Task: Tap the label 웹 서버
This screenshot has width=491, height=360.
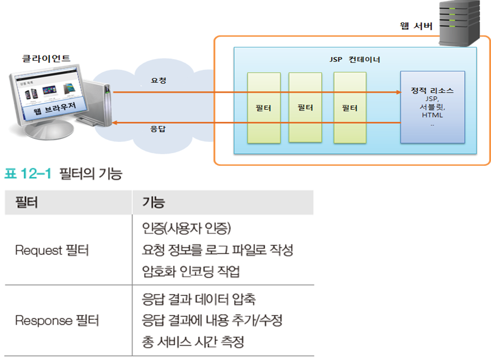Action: [x=417, y=26]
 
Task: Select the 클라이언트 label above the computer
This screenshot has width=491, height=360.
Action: [x=46, y=58]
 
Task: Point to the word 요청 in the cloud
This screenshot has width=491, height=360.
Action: [x=158, y=81]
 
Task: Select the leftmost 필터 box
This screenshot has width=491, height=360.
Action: [x=264, y=107]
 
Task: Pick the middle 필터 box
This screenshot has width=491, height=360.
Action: [x=305, y=107]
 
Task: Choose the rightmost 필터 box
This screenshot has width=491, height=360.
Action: [x=350, y=107]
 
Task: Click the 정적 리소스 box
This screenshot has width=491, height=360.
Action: [x=432, y=107]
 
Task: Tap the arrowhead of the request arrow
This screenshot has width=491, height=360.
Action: [x=397, y=92]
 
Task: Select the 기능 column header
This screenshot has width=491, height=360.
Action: [x=153, y=202]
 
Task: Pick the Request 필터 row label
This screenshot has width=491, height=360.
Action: [x=51, y=250]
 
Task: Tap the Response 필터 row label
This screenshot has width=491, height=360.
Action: [x=56, y=320]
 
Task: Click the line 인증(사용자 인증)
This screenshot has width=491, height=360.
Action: [x=186, y=229]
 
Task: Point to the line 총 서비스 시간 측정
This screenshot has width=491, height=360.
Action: [x=193, y=341]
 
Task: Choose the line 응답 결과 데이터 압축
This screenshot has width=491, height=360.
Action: [x=199, y=299]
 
